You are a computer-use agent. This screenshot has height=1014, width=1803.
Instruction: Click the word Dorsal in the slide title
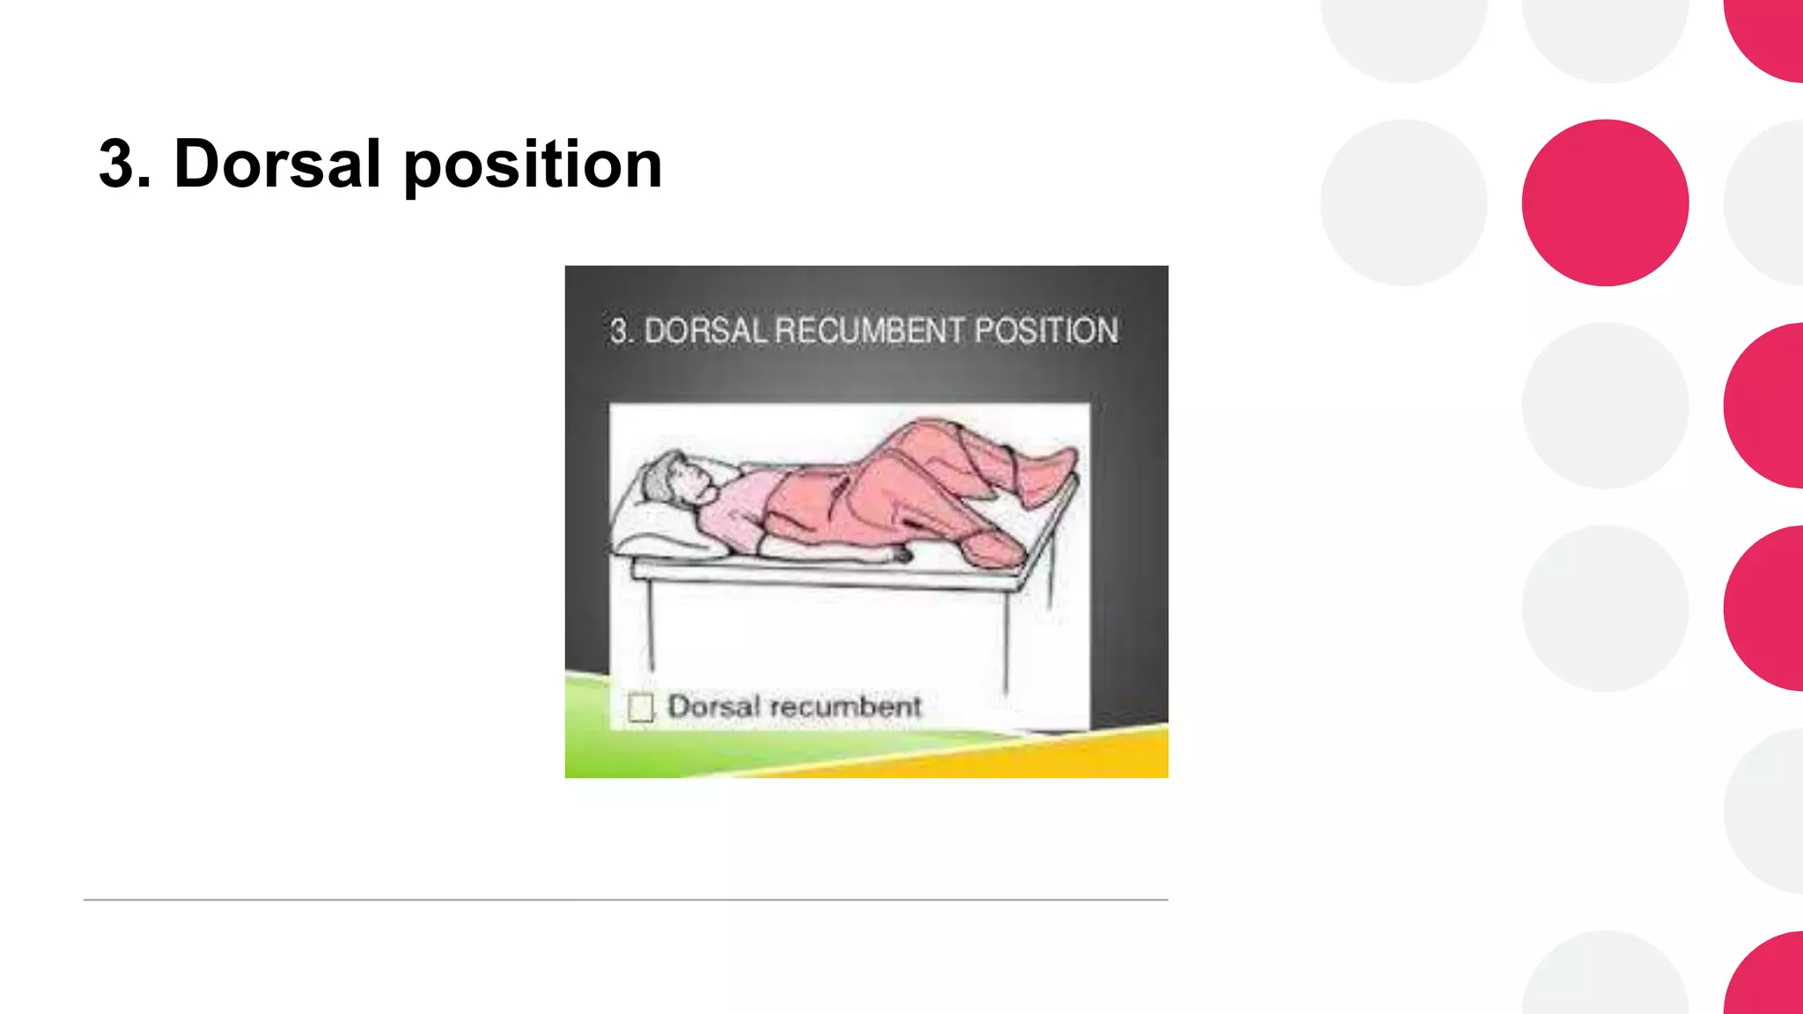(277, 164)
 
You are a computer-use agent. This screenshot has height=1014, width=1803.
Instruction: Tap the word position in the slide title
(533, 165)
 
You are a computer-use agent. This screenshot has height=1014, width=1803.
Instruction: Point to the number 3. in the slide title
(124, 164)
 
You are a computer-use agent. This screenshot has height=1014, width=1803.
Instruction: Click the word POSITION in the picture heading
(1046, 331)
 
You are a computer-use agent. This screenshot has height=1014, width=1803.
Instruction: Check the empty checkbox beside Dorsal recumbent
(641, 707)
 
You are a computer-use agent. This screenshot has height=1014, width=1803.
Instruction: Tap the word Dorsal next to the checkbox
(713, 706)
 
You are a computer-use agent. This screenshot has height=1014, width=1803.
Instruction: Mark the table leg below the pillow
(651, 625)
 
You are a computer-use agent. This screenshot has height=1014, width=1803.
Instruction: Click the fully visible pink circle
(1605, 202)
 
